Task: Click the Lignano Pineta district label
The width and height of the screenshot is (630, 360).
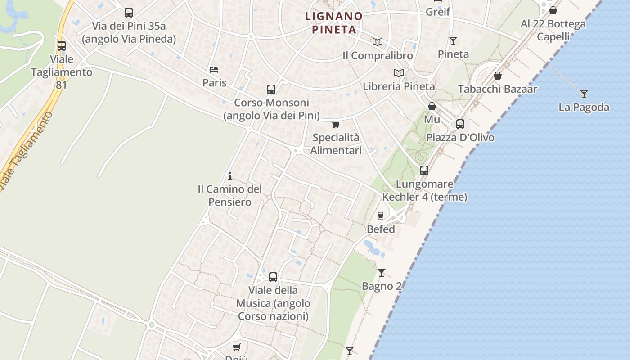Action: (334, 23)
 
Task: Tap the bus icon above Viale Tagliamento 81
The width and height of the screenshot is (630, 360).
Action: (62, 46)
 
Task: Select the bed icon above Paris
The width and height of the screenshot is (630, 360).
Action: (214, 70)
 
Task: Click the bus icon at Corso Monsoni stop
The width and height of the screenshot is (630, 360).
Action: (271, 90)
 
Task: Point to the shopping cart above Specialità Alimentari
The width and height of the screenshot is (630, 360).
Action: (336, 125)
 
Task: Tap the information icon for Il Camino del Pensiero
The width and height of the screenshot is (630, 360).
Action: (230, 176)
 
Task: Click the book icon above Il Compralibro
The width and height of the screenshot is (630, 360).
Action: (377, 42)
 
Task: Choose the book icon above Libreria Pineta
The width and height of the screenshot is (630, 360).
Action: (398, 73)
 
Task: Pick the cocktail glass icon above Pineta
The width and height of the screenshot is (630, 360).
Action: (453, 41)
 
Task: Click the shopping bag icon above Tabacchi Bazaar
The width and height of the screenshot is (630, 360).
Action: (498, 76)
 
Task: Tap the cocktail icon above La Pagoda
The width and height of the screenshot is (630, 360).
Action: (584, 94)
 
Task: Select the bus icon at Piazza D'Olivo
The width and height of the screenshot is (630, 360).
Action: (460, 124)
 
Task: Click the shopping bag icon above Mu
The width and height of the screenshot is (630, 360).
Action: (432, 106)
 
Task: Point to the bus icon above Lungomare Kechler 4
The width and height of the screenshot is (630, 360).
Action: (424, 171)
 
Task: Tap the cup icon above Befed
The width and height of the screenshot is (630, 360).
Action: (381, 216)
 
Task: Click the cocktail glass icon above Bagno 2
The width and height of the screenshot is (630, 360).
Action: (382, 272)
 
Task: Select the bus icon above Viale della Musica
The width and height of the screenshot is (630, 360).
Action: (273, 277)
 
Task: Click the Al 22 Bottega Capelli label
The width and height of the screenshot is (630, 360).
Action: (553, 30)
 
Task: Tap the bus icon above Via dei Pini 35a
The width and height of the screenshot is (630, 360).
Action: (129, 13)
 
